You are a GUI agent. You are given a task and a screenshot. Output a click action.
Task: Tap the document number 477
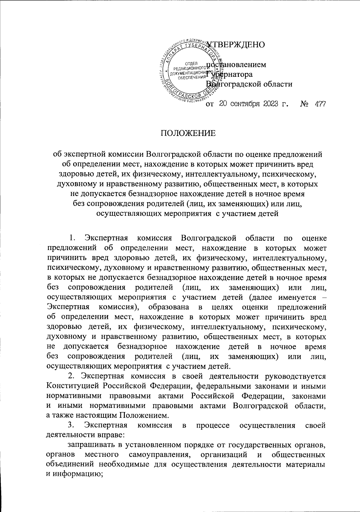click(x=320, y=104)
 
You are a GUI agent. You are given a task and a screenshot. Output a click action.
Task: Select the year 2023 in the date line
click(x=265, y=104)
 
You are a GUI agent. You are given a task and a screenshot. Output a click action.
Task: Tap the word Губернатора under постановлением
click(x=229, y=74)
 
